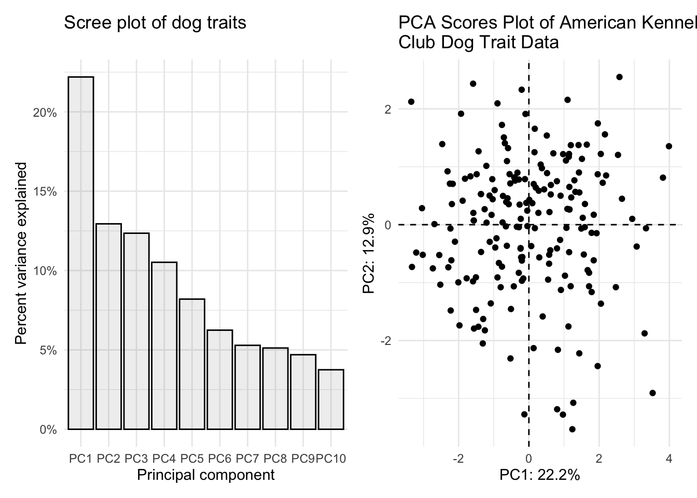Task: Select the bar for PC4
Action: pos(164,345)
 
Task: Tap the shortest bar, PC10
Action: pos(331,399)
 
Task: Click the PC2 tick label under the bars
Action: pos(108,459)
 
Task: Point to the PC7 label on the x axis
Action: pos(247,459)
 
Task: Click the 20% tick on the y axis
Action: pos(45,113)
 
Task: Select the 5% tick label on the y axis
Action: pos(47,350)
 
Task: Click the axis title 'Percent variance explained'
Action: pos(21,253)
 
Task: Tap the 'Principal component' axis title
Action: pos(206,475)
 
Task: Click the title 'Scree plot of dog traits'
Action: pos(155,23)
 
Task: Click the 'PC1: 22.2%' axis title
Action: pos(539,475)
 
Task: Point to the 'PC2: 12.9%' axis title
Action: pos(369,253)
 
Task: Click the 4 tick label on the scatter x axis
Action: pos(669,459)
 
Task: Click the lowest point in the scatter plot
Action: pos(572,429)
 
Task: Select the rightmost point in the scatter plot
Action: pos(668,146)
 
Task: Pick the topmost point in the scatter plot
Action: pos(619,77)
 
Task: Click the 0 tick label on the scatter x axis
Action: pos(528,459)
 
